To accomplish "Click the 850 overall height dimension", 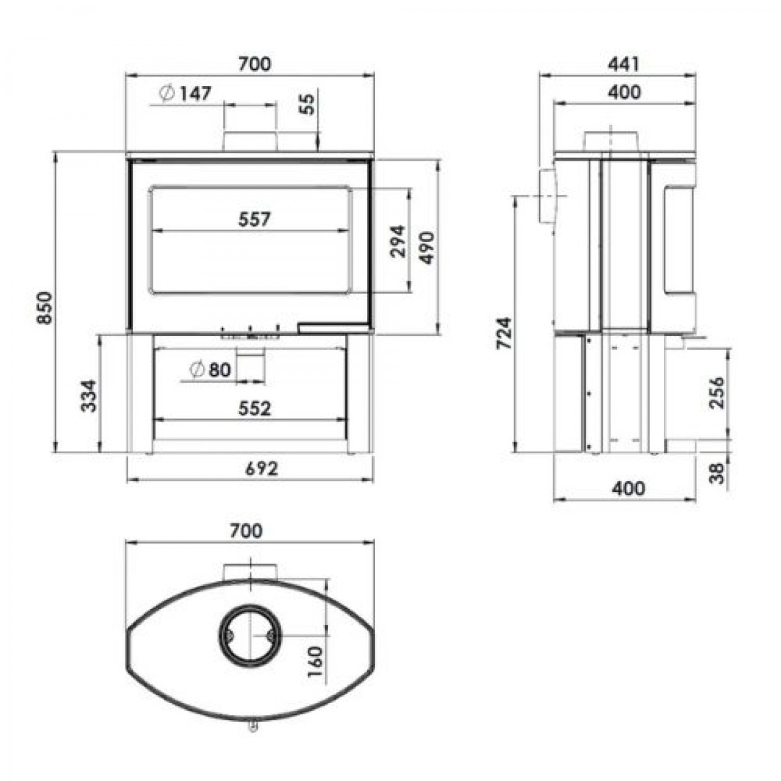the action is [44, 307].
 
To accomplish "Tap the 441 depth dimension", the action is [623, 64].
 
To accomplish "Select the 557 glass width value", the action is [254, 219].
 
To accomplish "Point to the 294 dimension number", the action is [398, 241].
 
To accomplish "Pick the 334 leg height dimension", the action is [89, 396].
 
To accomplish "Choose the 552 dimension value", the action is [254, 408].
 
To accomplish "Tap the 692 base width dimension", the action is [262, 469].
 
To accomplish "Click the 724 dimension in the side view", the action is [504, 333].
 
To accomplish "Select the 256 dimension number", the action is [717, 392].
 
